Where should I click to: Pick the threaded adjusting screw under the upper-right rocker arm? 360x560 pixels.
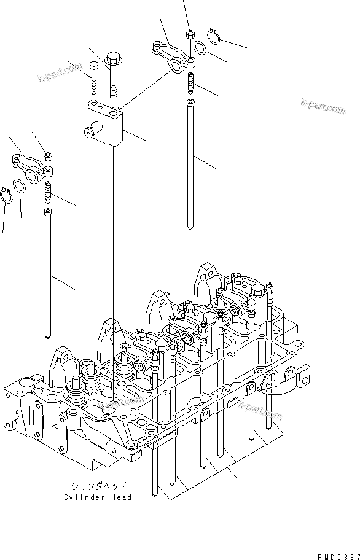click(190, 80)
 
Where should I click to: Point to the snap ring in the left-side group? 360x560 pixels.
click(9, 195)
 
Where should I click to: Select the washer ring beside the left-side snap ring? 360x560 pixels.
click(19, 186)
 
